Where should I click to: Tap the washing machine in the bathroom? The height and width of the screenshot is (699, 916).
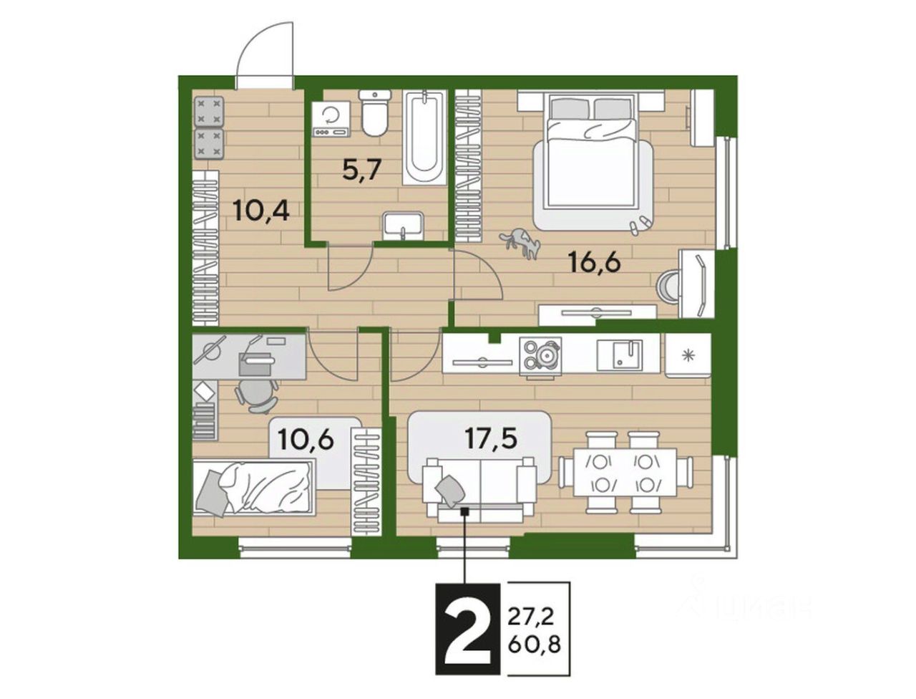(x=331, y=119)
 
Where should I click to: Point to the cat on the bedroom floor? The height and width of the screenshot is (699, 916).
(x=520, y=244)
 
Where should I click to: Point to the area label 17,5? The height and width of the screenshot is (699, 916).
(x=491, y=438)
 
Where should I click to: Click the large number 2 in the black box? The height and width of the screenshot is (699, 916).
(x=467, y=628)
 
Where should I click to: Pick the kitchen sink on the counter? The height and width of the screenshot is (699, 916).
(x=619, y=355)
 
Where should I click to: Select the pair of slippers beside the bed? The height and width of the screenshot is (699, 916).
(x=638, y=224)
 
